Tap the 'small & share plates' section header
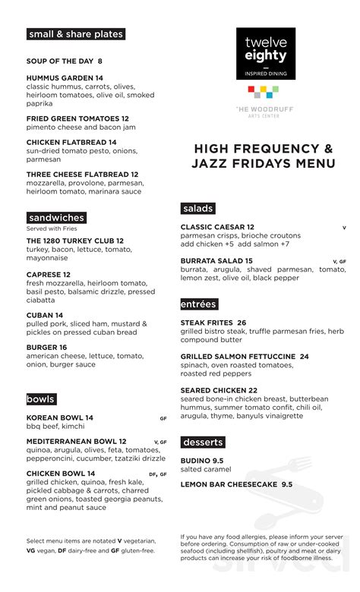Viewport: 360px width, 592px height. (75, 34)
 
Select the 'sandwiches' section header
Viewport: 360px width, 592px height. (56, 218)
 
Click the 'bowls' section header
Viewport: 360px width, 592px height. (41, 399)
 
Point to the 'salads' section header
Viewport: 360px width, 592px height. (197, 209)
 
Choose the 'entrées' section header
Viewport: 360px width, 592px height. (199, 304)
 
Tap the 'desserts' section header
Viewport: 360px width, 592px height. (203, 442)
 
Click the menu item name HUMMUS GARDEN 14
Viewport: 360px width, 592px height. (65, 78)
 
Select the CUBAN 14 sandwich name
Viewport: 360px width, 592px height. (45, 315)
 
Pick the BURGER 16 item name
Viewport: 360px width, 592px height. (47, 347)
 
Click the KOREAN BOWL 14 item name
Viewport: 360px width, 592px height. (60, 418)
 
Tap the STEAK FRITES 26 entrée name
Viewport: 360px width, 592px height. (213, 323)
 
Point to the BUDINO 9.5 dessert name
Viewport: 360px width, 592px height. (202, 461)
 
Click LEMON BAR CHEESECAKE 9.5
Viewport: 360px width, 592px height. (236, 484)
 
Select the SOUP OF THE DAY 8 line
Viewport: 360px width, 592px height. (65, 61)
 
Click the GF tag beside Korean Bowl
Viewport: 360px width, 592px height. (163, 418)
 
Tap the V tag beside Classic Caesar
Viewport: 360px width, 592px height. (344, 228)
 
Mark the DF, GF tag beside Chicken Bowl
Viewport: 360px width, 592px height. (157, 474)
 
